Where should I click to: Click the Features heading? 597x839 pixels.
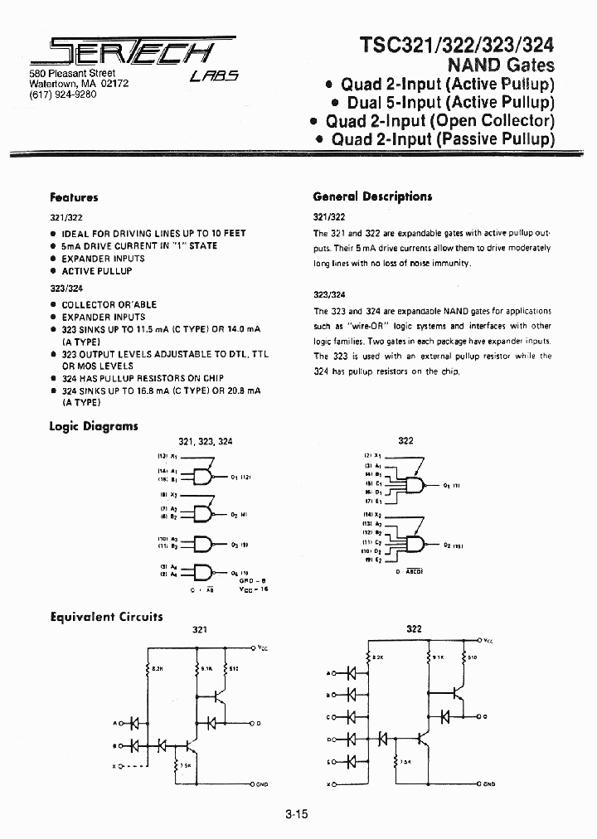point(74,197)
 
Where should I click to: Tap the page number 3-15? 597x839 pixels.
point(295,814)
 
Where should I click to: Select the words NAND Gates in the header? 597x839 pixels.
point(501,65)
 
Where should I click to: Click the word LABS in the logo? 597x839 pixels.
point(214,76)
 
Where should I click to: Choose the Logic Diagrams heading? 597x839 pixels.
point(94,426)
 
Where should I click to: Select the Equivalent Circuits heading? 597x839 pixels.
point(106,617)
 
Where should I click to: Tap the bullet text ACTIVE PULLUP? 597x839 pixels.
point(96,271)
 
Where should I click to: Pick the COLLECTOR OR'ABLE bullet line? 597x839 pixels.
point(109,304)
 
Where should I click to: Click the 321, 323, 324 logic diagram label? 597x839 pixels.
point(206,442)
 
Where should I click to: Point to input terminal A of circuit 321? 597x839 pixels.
point(117,723)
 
